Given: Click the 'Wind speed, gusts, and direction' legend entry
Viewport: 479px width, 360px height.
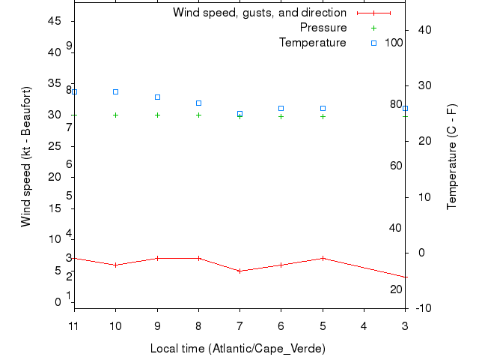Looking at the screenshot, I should pyautogui.click(x=259, y=13).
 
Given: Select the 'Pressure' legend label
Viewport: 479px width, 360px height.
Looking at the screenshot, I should pyautogui.click(x=323, y=28).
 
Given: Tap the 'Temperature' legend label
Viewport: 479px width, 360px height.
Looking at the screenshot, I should pyautogui.click(x=313, y=43).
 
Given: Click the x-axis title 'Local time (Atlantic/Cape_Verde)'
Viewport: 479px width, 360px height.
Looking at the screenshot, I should pyautogui.click(x=238, y=349).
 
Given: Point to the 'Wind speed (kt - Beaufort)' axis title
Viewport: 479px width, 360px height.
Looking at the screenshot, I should pyautogui.click(x=25, y=157).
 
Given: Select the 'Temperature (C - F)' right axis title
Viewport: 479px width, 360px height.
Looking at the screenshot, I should pyautogui.click(x=452, y=157).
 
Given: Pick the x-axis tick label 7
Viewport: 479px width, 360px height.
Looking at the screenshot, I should pyautogui.click(x=239, y=325).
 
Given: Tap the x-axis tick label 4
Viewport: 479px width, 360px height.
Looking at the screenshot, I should pyautogui.click(x=364, y=325).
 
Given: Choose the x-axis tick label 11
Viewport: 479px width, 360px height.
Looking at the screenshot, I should pyautogui.click(x=73, y=325).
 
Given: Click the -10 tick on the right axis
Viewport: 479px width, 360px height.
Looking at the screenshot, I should pyautogui.click(x=420, y=308).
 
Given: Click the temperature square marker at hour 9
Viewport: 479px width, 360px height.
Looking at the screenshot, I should pyautogui.click(x=157, y=97).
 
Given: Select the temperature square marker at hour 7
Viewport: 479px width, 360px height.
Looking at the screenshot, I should pyautogui.click(x=239, y=113).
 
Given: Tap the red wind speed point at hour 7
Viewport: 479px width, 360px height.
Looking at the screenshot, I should pyautogui.click(x=239, y=271).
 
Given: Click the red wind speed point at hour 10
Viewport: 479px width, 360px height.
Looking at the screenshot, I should pyautogui.click(x=115, y=265).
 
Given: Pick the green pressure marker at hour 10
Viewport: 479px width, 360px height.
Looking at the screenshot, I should pyautogui.click(x=115, y=115).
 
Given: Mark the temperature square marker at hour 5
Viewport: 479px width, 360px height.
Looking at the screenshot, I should pyautogui.click(x=323, y=108).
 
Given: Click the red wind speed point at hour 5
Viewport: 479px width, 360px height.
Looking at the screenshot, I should pyautogui.click(x=323, y=258).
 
